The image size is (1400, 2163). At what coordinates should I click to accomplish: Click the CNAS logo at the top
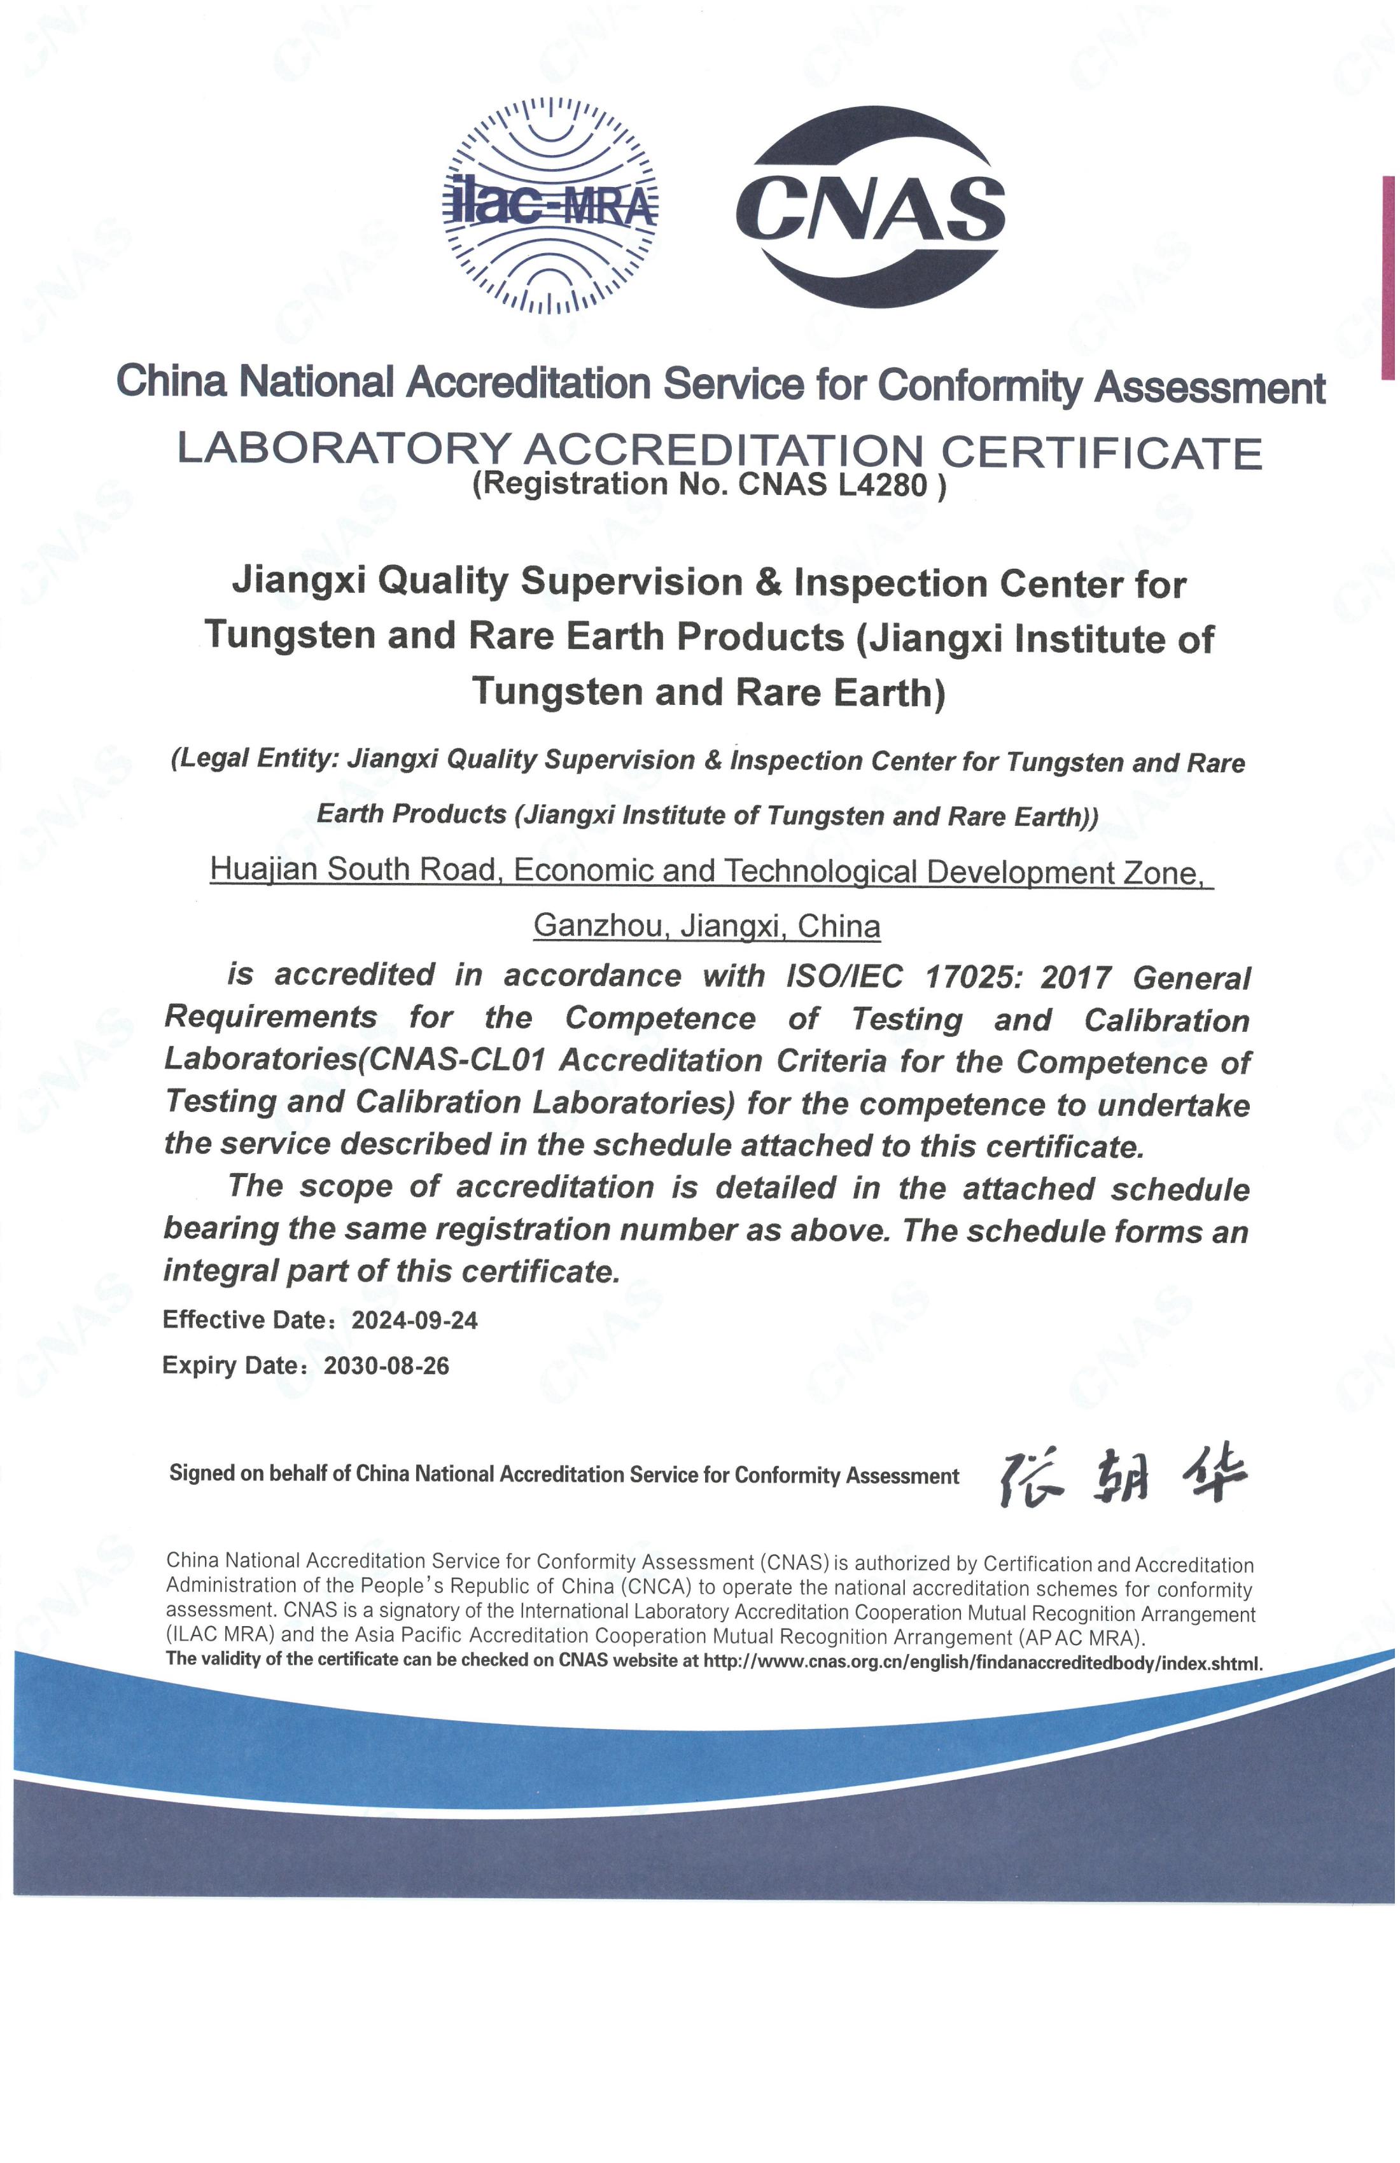click(870, 207)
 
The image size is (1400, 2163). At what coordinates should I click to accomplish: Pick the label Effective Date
click(244, 1319)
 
